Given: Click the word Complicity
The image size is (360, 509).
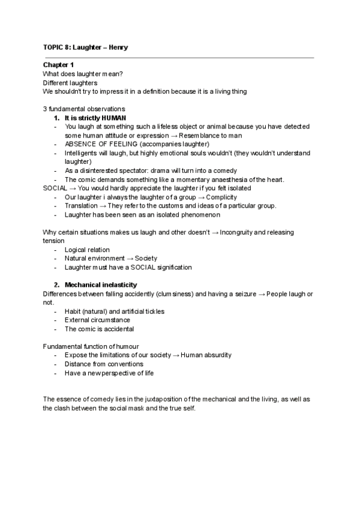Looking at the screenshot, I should [x=221, y=197].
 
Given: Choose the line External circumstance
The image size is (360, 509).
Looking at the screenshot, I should [x=97, y=320].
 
